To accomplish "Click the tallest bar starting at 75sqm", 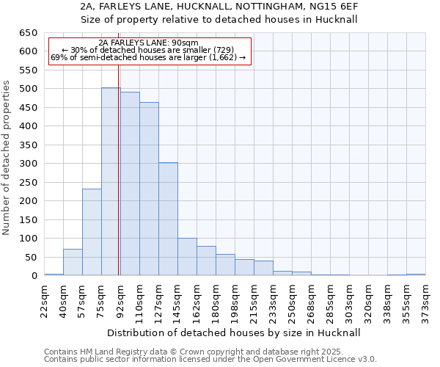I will [111, 181].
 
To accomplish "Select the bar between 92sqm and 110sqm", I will [130, 183].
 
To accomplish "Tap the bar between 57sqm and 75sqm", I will [92, 232].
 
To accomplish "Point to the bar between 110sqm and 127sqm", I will [149, 189].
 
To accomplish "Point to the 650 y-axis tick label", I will [29, 33].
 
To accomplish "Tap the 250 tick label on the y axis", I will [29, 182].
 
